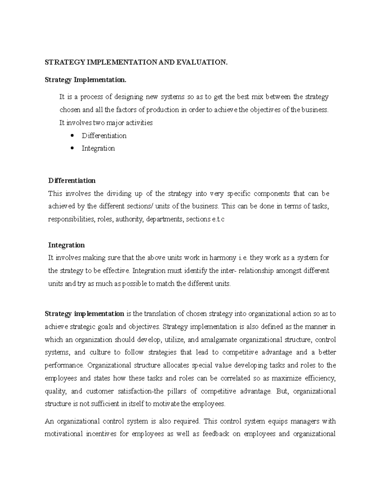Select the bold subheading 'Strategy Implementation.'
coord(85,80)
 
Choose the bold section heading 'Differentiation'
coord(72,181)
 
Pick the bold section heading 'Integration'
coord(66,245)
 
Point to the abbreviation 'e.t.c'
coord(218,219)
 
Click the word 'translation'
coord(160,314)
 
